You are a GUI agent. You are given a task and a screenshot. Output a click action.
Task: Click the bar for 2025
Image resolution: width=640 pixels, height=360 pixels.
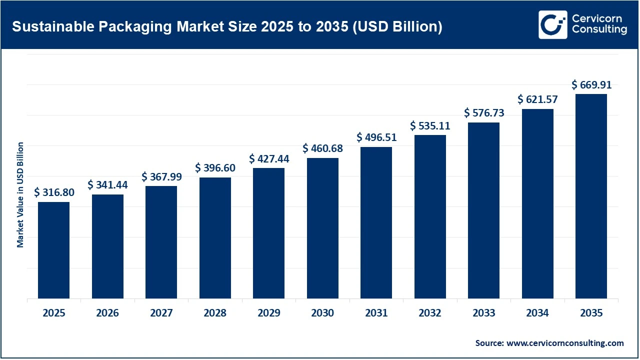[53, 250]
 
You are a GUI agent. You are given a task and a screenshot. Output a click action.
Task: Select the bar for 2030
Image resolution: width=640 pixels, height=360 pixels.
[322, 228]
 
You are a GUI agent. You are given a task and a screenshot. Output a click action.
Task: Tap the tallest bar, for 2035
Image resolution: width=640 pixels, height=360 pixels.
[591, 196]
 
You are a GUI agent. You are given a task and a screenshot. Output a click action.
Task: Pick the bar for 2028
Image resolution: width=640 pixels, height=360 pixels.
[215, 238]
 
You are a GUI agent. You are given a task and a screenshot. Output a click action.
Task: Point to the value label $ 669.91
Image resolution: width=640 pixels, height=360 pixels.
[591, 85]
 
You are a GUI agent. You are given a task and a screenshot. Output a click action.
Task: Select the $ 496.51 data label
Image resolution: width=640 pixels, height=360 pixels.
[376, 137]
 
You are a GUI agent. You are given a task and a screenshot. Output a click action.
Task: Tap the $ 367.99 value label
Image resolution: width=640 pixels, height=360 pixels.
[161, 177]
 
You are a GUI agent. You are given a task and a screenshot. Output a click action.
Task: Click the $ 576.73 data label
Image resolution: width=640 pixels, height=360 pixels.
[484, 113]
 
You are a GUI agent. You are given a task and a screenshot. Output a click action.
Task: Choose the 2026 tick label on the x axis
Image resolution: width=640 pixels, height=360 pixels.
[107, 313]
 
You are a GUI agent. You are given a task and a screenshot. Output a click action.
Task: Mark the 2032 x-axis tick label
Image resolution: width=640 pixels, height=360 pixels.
[430, 313]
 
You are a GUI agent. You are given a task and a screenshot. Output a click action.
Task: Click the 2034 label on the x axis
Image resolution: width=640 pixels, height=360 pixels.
[537, 313]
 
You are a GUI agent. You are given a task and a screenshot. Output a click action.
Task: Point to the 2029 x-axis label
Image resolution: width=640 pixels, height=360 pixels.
[268, 313]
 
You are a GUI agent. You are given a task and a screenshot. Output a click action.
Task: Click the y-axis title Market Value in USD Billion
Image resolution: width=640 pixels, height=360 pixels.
[20, 194]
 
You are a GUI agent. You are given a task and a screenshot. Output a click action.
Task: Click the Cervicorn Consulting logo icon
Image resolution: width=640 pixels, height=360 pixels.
[552, 24]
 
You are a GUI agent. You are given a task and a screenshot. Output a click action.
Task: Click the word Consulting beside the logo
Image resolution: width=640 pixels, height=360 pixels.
[599, 30]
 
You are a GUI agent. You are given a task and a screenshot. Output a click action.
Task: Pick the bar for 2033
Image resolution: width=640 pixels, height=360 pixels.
[483, 210]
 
